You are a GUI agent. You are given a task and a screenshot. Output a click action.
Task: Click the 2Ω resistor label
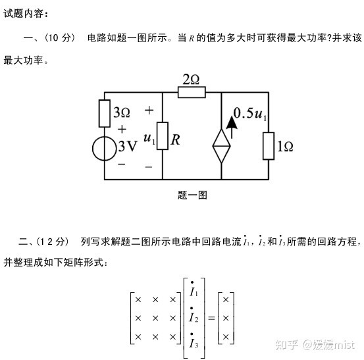[191, 79]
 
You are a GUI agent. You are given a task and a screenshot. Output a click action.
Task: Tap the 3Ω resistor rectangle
[105, 113]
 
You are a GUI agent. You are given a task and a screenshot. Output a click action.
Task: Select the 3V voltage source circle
[105, 149]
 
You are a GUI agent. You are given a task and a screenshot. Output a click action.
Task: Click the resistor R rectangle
[163, 136]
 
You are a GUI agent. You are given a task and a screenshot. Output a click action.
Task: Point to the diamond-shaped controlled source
[221, 146]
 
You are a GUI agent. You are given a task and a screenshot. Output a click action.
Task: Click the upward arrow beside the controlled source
[232, 127]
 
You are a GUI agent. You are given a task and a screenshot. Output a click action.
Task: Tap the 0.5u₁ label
[249, 114]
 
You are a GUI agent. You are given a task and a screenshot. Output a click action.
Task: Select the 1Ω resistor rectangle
[269, 146]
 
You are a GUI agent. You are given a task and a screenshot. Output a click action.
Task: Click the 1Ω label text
[285, 147]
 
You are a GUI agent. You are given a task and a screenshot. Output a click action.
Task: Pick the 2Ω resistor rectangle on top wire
[192, 92]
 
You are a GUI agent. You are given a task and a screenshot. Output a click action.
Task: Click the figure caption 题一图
[192, 195]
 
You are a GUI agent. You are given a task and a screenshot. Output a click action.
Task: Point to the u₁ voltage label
[149, 138]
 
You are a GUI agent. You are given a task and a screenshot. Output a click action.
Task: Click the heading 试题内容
[26, 13]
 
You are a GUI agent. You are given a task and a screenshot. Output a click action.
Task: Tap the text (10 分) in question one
[60, 38]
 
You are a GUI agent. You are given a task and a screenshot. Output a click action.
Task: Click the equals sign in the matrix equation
[211, 318]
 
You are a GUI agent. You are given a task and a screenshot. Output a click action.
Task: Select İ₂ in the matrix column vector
[194, 315]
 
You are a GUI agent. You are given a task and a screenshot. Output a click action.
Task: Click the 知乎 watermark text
[287, 345]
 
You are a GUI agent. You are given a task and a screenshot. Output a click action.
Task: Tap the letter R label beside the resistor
[175, 140]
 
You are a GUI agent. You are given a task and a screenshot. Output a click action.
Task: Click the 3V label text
[128, 146]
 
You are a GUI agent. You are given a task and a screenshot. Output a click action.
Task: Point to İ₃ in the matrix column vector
[194, 341]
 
